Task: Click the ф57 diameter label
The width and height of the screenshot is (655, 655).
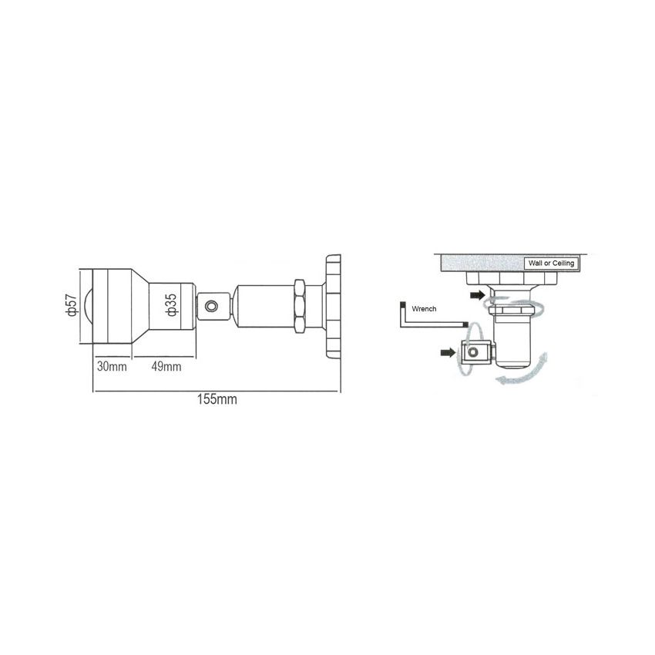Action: pyautogui.click(x=72, y=304)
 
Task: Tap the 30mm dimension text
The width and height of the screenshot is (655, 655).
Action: pyautogui.click(x=112, y=366)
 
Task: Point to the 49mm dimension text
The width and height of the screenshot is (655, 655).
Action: pyautogui.click(x=166, y=366)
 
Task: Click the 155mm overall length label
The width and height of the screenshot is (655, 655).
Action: pyautogui.click(x=217, y=400)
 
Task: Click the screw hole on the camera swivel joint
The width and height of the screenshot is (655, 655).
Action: pyautogui.click(x=213, y=306)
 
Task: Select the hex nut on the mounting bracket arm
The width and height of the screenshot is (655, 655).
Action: pyautogui.click(x=301, y=306)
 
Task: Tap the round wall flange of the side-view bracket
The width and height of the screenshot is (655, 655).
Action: pyautogui.click(x=332, y=306)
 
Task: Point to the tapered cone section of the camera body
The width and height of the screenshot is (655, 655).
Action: pyautogui.click(x=138, y=306)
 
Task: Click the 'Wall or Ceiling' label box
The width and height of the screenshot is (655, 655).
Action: pyautogui.click(x=551, y=263)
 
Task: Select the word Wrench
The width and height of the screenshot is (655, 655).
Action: pyautogui.click(x=424, y=309)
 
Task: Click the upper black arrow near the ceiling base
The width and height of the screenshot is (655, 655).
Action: pyautogui.click(x=478, y=295)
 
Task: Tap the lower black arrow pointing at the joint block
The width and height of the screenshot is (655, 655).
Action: pyautogui.click(x=448, y=352)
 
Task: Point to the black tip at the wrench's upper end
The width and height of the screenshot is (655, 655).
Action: pyautogui.click(x=401, y=304)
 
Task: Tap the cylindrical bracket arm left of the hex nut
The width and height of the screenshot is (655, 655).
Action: pyautogui.click(x=262, y=306)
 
